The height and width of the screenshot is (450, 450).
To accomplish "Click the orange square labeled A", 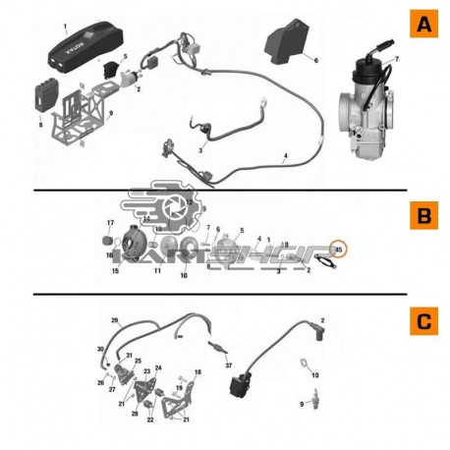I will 422,25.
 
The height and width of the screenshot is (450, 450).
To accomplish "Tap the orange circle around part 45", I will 338,250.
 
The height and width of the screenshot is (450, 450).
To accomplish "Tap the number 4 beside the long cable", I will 284,156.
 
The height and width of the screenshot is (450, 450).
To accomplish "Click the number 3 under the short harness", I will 199,150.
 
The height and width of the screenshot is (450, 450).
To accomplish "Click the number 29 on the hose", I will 115,321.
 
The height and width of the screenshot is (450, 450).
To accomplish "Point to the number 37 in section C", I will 228,366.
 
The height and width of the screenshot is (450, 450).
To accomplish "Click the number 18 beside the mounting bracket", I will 197,372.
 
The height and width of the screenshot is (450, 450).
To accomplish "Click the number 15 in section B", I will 115,270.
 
